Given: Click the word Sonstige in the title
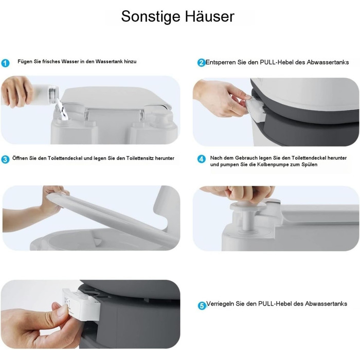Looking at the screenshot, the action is point(151,16).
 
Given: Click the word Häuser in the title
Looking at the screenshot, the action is point(210,16).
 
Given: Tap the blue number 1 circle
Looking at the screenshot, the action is point(5,63).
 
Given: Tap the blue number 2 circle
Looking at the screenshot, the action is point(202,62).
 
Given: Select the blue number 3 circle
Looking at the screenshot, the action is point(5,159).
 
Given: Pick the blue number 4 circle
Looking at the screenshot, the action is point(202,159).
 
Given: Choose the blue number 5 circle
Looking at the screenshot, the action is point(202,305).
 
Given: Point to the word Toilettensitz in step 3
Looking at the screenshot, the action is point(140,158).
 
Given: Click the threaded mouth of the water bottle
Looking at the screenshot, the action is point(53,94).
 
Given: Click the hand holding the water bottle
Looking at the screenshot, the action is point(16,91).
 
